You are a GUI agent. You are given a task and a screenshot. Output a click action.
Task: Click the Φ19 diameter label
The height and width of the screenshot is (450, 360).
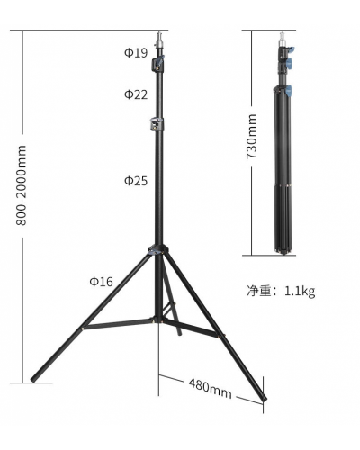[x=136, y=52]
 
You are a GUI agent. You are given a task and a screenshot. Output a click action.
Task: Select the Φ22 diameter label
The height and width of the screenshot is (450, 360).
[x=136, y=94]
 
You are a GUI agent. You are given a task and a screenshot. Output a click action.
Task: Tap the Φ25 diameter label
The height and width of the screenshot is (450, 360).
[x=136, y=181]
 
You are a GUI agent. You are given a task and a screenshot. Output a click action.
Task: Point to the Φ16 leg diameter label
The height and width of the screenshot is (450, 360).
[x=101, y=282]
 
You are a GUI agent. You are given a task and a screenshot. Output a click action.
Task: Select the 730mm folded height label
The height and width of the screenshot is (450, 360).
[x=253, y=136]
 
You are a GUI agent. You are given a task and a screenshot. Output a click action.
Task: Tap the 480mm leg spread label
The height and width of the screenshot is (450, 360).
[x=210, y=388]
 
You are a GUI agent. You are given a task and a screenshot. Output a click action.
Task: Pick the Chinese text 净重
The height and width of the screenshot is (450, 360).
[x=260, y=291]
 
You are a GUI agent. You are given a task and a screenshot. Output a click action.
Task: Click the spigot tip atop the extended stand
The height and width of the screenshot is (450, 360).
[x=161, y=38]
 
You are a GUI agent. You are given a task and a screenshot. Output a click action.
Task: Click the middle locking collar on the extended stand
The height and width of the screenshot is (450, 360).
[x=160, y=125]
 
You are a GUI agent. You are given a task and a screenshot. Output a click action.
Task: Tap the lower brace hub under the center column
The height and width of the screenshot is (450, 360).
[x=162, y=317]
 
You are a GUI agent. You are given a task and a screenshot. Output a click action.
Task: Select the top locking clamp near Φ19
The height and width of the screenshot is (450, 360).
[x=161, y=64]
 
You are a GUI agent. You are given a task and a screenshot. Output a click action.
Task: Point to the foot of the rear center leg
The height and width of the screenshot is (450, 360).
[x=180, y=334]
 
